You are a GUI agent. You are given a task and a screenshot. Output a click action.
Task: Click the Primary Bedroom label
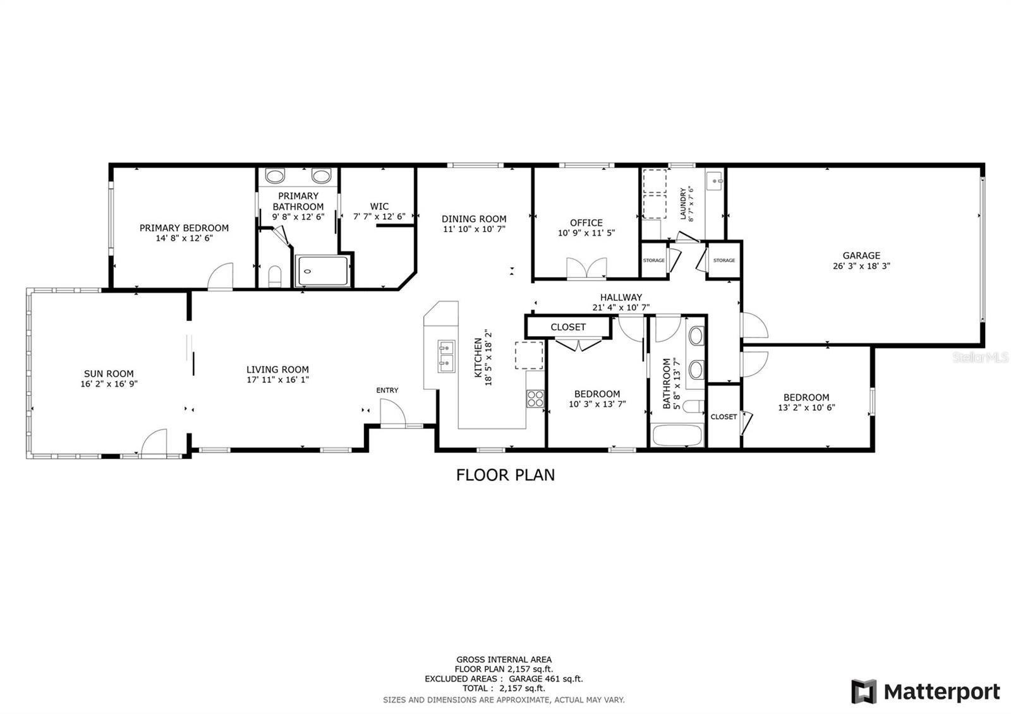point(184,228)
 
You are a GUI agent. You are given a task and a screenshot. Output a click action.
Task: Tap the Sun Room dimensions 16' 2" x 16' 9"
point(109,384)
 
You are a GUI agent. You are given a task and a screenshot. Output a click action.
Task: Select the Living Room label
point(277,370)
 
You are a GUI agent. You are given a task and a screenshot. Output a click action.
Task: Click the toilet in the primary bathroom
point(275,275)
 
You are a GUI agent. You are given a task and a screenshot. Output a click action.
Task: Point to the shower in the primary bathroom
point(322,271)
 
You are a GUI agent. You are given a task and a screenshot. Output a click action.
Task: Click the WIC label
point(379,206)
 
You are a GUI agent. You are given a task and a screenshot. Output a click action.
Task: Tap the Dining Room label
point(474,219)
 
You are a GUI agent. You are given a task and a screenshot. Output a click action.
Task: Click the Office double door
point(586,269)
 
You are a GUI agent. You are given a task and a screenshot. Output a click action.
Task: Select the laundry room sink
point(715,181)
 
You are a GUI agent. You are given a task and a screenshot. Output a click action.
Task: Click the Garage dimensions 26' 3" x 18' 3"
point(861,266)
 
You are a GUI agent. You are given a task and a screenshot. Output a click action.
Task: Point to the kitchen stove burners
point(535,399)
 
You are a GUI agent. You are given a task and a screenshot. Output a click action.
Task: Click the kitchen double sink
point(446,356)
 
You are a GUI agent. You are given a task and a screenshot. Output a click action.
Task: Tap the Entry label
point(387,390)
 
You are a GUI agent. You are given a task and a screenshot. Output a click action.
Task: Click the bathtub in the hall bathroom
point(677,435)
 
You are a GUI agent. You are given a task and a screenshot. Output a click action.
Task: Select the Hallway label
point(621,298)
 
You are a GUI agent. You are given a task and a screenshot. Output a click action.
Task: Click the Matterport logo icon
point(864,691)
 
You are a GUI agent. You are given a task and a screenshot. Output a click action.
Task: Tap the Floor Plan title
point(505,475)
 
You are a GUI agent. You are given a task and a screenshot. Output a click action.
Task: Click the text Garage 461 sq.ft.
point(546,679)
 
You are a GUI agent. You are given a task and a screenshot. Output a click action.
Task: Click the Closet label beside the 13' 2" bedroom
point(723,416)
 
